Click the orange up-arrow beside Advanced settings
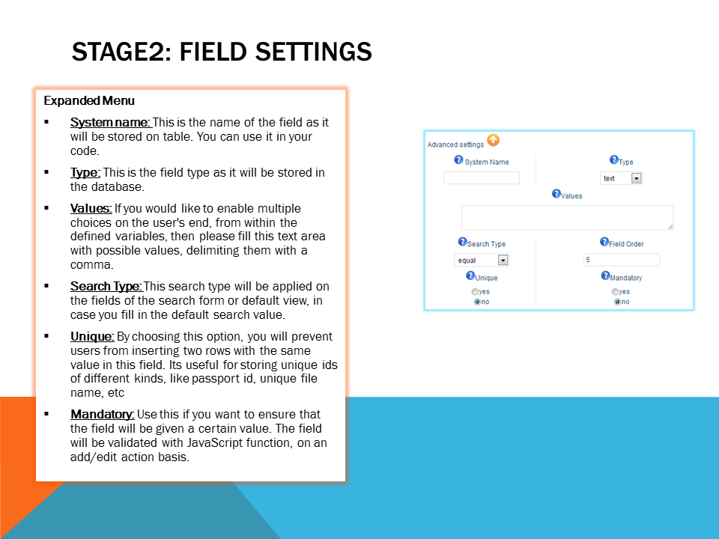click(494, 140)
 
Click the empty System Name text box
click(482, 178)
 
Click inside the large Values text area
click(567, 217)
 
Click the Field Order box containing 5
click(622, 260)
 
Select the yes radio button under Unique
click(475, 291)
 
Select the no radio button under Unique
click(477, 302)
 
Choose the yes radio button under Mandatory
click(615, 291)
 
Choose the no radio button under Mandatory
click(617, 302)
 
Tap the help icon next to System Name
click(458, 159)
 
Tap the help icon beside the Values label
click(556, 193)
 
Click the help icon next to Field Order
click(604, 242)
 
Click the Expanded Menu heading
click(89, 101)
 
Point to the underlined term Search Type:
click(106, 287)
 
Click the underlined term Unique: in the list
click(92, 337)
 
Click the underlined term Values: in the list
click(91, 209)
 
